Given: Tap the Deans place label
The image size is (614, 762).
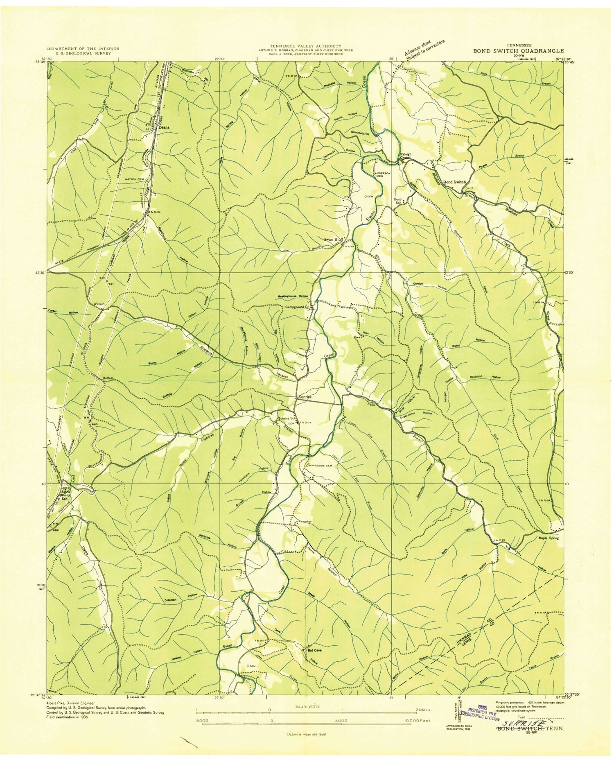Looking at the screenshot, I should pyautogui.click(x=164, y=127).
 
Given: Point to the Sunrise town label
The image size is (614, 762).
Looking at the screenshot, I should pyautogui.click(x=305, y=397).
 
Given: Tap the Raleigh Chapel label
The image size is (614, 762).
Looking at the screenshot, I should pyautogui.click(x=405, y=156).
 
